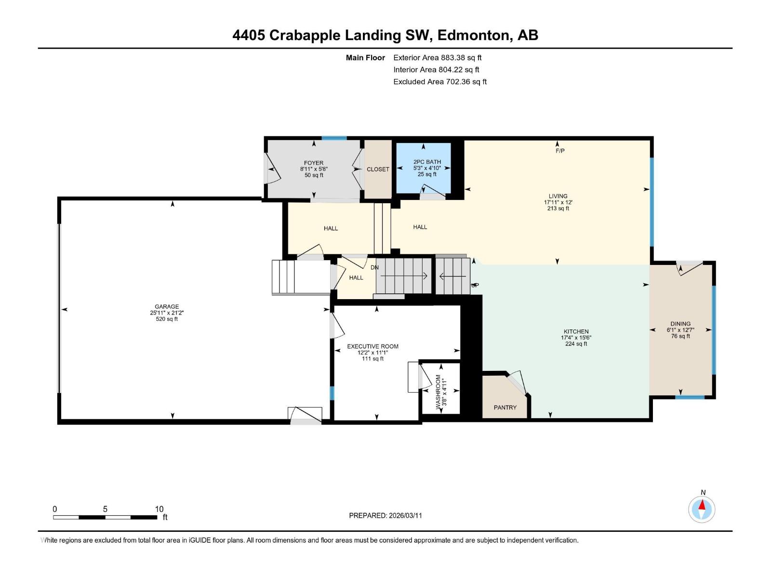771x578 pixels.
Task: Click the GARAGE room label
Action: tap(167, 306)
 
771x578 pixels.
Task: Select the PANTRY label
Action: tap(505, 407)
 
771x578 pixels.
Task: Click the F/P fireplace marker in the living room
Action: tap(560, 151)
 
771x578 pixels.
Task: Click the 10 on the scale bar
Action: tap(159, 509)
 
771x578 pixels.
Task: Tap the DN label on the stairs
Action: tap(374, 267)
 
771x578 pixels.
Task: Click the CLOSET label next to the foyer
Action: tap(378, 169)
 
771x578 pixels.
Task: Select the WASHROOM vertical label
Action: tap(439, 392)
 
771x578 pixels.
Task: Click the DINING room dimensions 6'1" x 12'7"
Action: tap(680, 330)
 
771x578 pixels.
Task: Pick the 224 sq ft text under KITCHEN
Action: tap(576, 344)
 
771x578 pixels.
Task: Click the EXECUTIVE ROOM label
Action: tap(372, 346)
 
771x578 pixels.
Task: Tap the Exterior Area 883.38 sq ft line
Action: tap(437, 57)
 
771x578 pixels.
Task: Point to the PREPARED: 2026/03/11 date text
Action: tap(385, 515)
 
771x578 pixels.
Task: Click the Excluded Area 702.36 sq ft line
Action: tap(439, 81)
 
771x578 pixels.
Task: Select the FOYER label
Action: tap(314, 163)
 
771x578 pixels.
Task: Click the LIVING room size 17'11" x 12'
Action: tap(558, 202)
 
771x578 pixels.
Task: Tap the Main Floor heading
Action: tap(365, 57)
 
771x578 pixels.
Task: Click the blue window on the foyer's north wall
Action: tap(334, 138)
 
